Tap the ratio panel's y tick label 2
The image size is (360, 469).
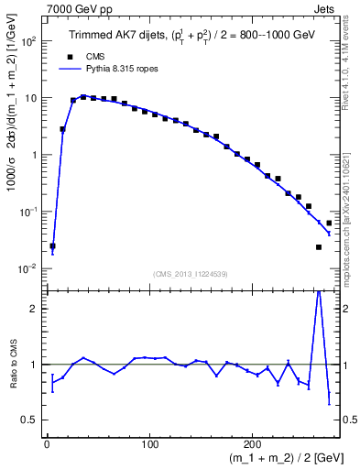coord(34,309)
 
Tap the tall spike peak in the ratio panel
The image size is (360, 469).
coord(319,291)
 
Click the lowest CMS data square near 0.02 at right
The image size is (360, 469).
coord(319,246)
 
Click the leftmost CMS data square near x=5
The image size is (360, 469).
coord(52,245)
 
